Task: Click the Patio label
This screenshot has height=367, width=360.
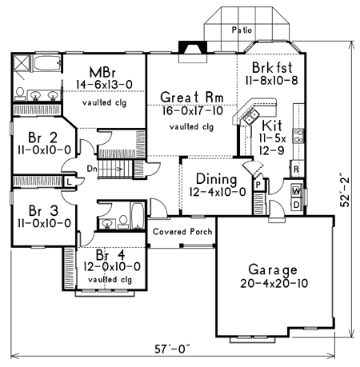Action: click(242, 30)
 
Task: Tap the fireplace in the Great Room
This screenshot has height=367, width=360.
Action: click(193, 52)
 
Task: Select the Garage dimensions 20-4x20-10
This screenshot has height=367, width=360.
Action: click(274, 283)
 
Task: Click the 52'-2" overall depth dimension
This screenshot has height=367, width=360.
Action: click(345, 190)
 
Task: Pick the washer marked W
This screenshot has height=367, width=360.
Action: click(297, 191)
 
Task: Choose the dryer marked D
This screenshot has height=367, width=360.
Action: click(297, 205)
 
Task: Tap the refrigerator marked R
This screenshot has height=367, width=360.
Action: click(297, 169)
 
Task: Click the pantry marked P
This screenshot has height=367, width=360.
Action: click(258, 185)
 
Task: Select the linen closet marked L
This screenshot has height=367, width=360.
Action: click(69, 182)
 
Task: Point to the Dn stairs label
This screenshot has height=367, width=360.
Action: click(92, 169)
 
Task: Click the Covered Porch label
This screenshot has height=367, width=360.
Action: click(182, 232)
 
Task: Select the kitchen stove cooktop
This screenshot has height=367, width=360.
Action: click(298, 136)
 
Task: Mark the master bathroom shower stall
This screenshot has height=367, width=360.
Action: click(21, 63)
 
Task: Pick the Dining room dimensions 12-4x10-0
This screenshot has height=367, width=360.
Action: click(218, 192)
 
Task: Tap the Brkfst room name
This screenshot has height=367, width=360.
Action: click(272, 67)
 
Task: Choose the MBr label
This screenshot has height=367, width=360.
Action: click(102, 72)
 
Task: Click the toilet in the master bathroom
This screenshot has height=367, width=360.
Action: click(20, 94)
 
